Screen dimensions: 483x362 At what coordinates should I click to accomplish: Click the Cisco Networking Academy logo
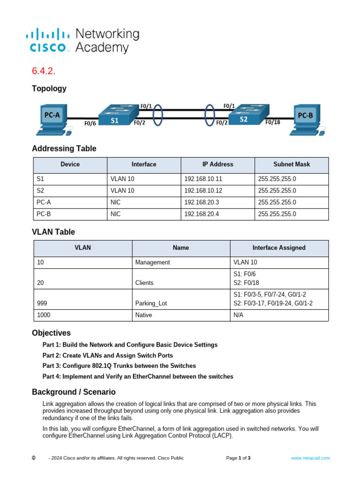pos(83,41)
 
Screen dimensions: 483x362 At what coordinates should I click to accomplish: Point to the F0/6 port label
pos(90,124)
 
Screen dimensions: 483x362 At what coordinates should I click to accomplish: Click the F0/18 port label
pos(272,122)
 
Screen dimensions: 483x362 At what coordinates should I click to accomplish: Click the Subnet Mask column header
pos(291,164)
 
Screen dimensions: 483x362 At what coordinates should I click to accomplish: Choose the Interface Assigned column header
pos(279,248)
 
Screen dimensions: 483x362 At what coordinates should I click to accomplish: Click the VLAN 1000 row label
pos(43,315)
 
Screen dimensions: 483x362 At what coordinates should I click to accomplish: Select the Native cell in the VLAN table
pos(144,315)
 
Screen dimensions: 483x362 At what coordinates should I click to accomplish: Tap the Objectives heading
pos(51,333)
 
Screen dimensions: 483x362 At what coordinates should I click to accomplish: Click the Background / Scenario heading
pos(74,392)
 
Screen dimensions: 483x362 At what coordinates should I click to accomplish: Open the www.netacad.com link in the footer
pos(310,458)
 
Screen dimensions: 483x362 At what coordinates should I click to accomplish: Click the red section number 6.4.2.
pos(44,71)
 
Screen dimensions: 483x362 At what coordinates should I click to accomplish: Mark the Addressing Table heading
pos(64,149)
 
